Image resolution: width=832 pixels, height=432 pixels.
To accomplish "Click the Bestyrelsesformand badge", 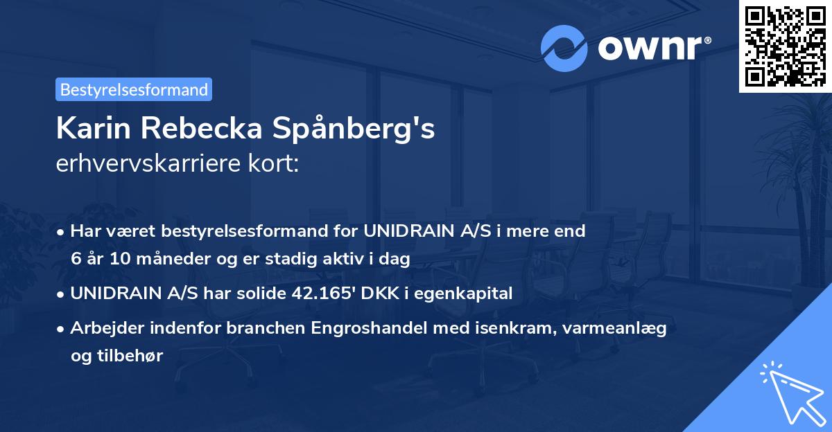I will pos(134,89).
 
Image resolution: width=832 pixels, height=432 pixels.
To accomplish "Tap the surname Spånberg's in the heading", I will pos(367,129).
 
